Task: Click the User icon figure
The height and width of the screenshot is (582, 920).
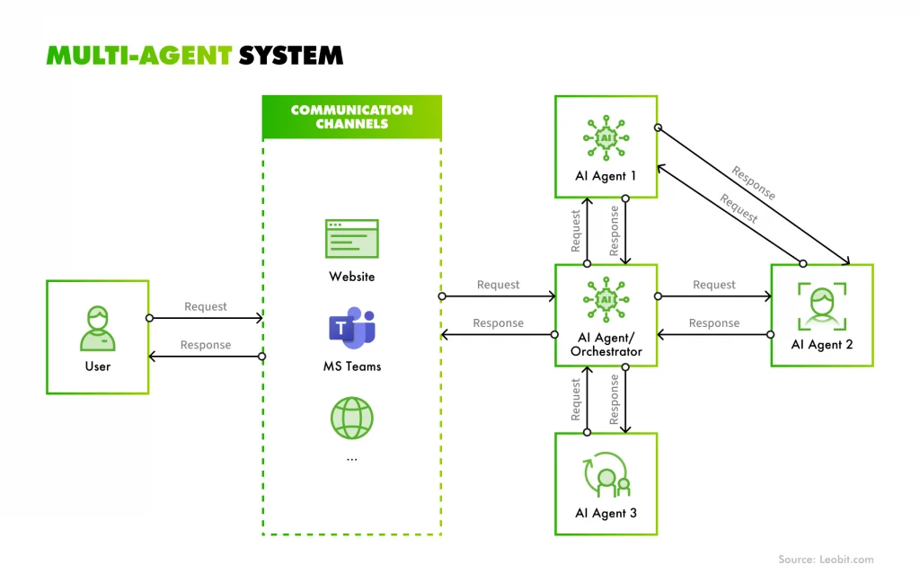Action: pyautogui.click(x=97, y=328)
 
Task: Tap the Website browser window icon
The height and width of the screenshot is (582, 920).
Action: pyautogui.click(x=351, y=239)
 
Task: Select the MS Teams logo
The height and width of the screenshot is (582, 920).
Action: pyautogui.click(x=351, y=326)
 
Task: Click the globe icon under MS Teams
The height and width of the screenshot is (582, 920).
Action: pyautogui.click(x=351, y=418)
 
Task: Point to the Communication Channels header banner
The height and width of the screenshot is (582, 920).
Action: pyautogui.click(x=351, y=117)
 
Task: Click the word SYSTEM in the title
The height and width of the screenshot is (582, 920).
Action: pyautogui.click(x=290, y=55)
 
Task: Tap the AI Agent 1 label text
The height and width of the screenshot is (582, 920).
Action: pyautogui.click(x=606, y=176)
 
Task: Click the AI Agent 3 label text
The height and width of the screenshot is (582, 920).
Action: pyautogui.click(x=606, y=514)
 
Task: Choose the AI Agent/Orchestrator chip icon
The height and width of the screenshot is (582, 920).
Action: pyautogui.click(x=606, y=298)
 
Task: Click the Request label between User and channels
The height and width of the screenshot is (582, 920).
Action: pyautogui.click(x=206, y=306)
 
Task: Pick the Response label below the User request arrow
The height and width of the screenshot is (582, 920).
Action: pyautogui.click(x=206, y=345)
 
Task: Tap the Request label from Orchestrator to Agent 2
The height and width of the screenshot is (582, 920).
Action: pyautogui.click(x=714, y=285)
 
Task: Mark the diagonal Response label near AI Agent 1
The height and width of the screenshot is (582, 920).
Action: pyautogui.click(x=753, y=182)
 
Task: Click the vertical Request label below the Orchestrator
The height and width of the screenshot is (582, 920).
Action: pyautogui.click(x=576, y=400)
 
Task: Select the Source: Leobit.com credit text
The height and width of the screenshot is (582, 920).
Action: pyautogui.click(x=826, y=560)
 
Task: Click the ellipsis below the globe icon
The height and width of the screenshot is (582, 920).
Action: pyautogui.click(x=351, y=458)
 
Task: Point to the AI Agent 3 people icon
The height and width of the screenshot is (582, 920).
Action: pyautogui.click(x=607, y=473)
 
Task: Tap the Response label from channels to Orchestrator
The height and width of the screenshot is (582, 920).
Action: pyautogui.click(x=498, y=323)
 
